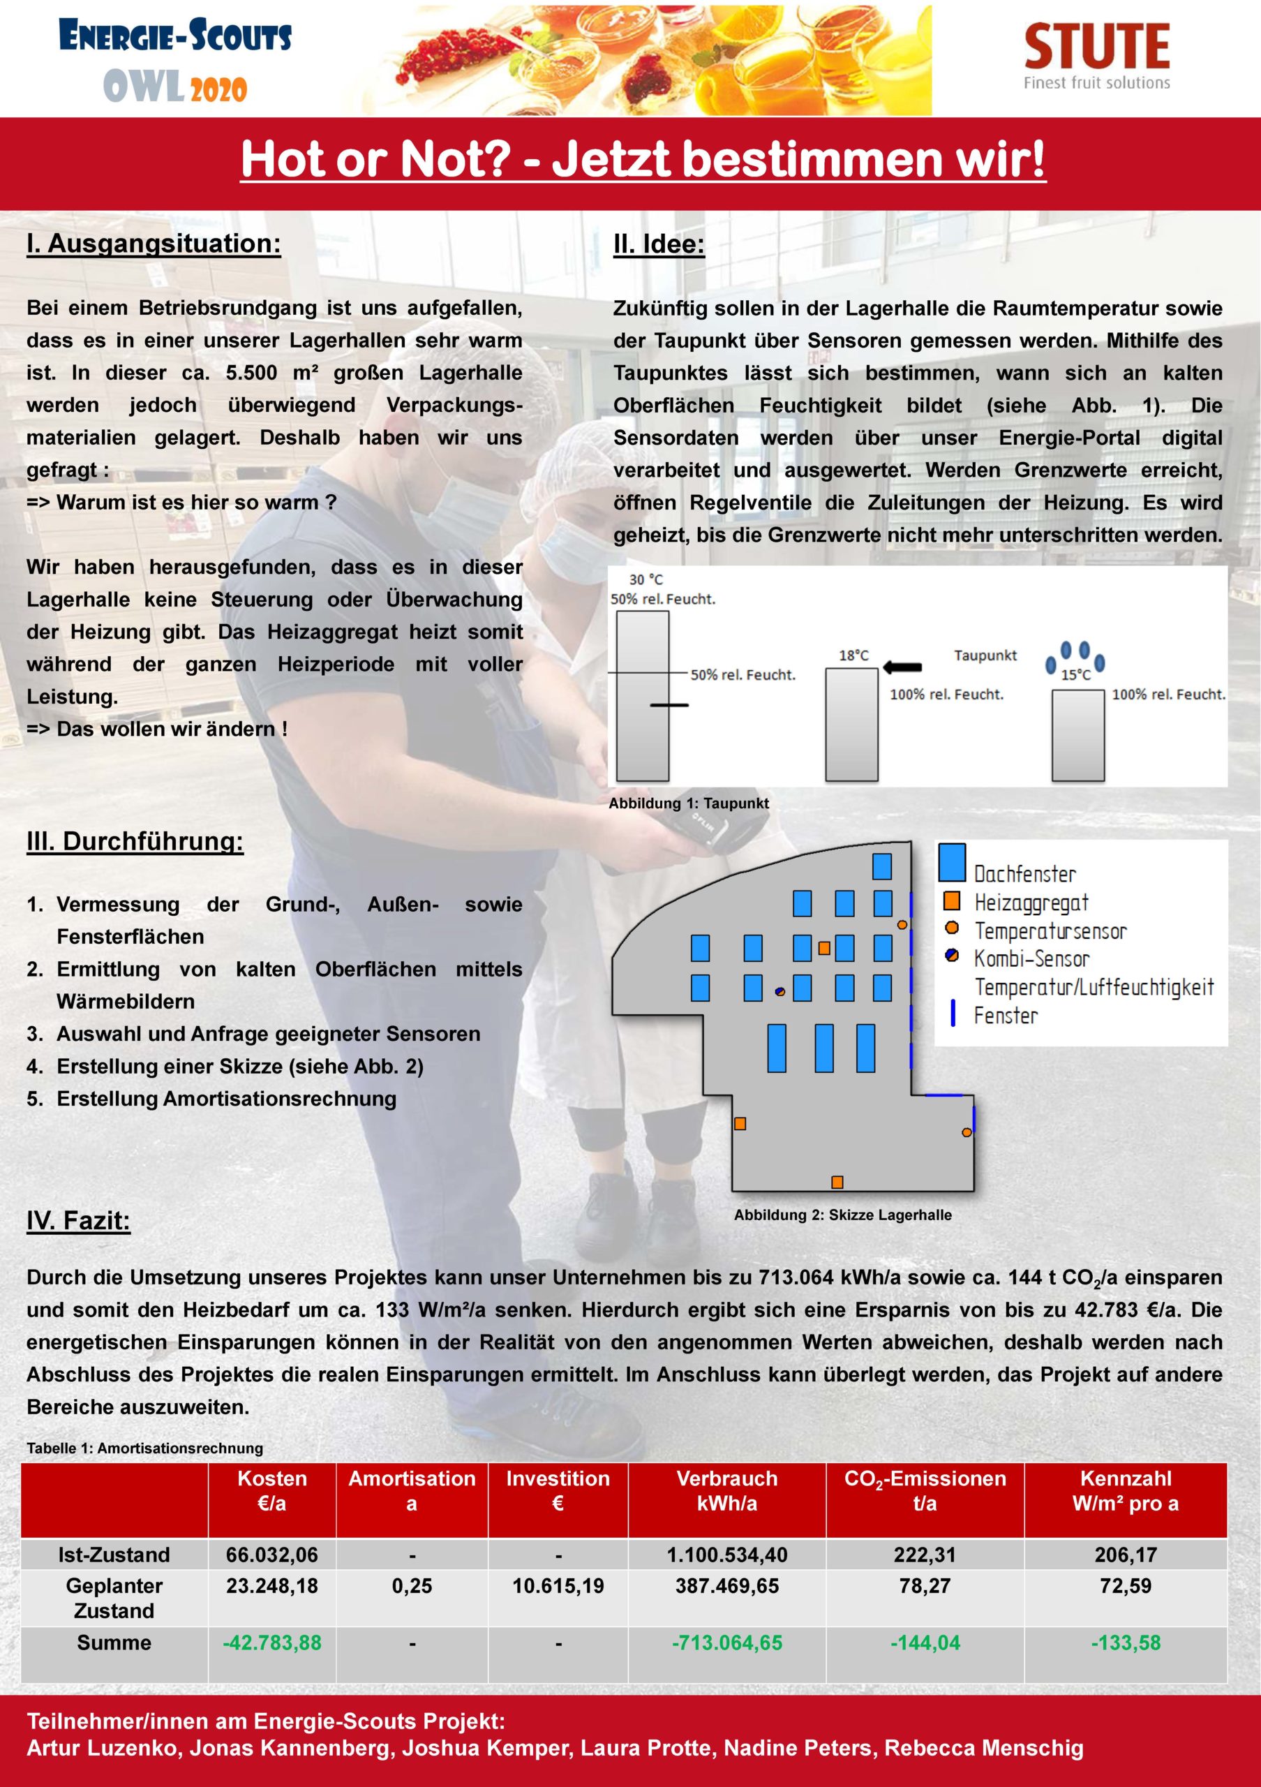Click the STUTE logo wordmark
1096,46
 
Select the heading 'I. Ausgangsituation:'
154,244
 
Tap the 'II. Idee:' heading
658,244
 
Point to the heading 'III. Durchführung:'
135,841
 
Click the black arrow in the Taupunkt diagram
903,667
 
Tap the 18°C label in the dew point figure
853,655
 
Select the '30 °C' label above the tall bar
646,580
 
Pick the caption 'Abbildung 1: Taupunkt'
689,803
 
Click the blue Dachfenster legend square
951,862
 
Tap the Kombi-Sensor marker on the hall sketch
779,991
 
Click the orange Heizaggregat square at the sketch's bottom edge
837,1182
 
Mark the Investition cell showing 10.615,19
558,1586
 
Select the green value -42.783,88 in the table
271,1643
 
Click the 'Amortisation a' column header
412,1490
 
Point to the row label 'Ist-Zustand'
114,1555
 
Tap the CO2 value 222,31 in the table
924,1555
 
